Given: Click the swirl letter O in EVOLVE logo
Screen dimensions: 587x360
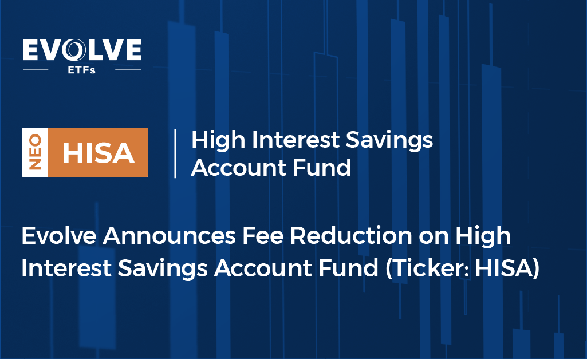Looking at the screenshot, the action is pyautogui.click(x=74, y=50).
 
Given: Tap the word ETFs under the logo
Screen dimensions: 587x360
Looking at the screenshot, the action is pyautogui.click(x=82, y=70).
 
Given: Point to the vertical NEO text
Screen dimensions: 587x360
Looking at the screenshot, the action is pyautogui.click(x=35, y=152).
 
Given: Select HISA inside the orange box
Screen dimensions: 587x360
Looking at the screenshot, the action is pyautogui.click(x=98, y=153).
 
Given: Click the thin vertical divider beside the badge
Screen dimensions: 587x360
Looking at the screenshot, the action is pyautogui.click(x=175, y=153).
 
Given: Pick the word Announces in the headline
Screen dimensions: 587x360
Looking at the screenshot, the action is pyautogui.click(x=169, y=236).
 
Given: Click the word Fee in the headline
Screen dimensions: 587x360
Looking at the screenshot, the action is pyautogui.click(x=263, y=236).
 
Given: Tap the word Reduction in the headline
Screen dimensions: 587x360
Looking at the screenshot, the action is pyautogui.click(x=351, y=236).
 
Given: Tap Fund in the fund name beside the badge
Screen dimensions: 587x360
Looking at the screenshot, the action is pyautogui.click(x=322, y=168).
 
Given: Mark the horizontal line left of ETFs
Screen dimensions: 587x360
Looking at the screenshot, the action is pyautogui.click(x=36, y=70).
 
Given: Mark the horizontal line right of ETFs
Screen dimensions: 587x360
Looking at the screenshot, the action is pyautogui.click(x=128, y=70).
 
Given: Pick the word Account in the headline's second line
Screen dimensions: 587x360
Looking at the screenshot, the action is pyautogui.click(x=263, y=268).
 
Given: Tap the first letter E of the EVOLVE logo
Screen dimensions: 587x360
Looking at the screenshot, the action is pyautogui.click(x=30, y=50).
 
